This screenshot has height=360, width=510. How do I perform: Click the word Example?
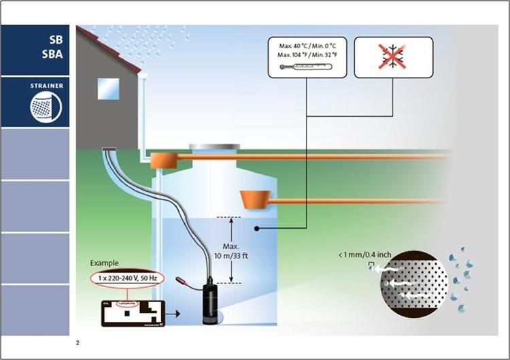pyautogui.click(x=104, y=263)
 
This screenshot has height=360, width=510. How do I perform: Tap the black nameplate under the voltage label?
pyautogui.click(x=131, y=313)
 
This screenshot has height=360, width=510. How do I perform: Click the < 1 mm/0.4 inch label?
pyautogui.click(x=364, y=256)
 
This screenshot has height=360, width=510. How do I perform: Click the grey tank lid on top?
pyautogui.click(x=214, y=146)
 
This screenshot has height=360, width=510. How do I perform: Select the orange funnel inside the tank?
pyautogui.click(x=257, y=199)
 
